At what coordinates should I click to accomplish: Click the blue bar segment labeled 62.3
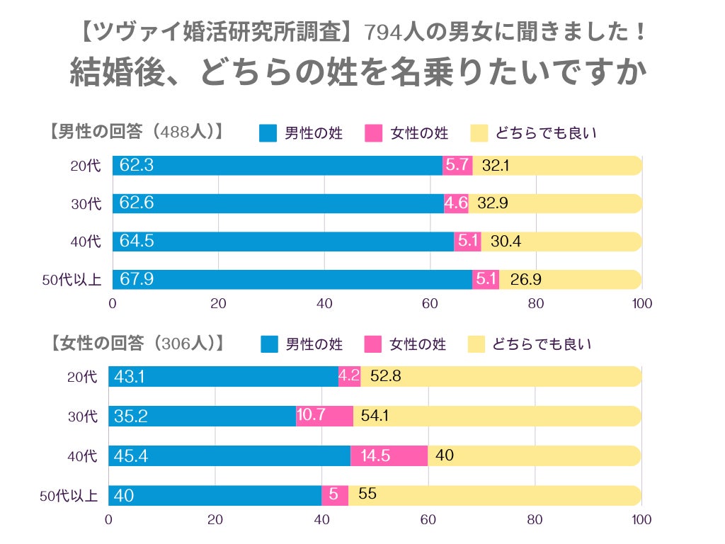coord(277,166)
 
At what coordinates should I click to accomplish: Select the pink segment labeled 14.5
coord(389,455)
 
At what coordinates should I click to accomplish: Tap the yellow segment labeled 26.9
coord(570,279)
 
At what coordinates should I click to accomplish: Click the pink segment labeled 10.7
coord(324,416)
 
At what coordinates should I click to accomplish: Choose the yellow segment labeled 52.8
coord(501,376)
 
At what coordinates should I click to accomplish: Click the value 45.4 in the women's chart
coord(130,455)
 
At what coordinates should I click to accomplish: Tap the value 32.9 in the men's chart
coord(493,204)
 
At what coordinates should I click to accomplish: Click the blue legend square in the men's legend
coord(268,133)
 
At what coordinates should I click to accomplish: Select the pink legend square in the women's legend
coord(373,344)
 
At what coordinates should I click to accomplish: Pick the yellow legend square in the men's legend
coord(479,133)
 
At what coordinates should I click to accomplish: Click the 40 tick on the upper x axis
coord(324,304)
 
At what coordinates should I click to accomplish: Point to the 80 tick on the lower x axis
coord(535,519)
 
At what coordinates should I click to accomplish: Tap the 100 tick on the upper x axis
coord(641,304)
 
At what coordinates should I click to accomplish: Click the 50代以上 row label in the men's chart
coord(72,280)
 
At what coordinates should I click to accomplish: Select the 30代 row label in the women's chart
coord(84,416)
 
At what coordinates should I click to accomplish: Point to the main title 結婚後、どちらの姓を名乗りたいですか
coord(359,73)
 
